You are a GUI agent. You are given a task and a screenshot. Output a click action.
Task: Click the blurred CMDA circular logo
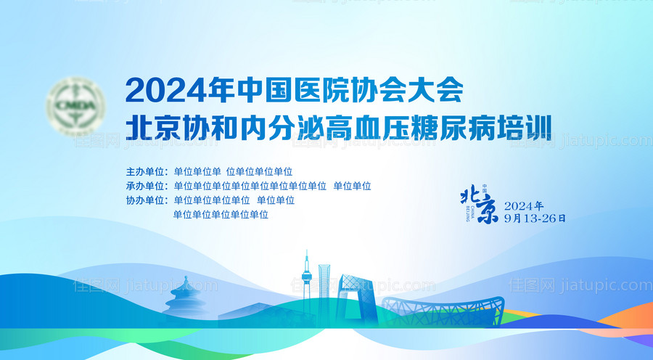[75, 109]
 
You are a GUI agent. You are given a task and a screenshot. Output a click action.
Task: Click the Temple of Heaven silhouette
[178, 297]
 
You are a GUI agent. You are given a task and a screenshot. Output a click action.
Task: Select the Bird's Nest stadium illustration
[443, 308]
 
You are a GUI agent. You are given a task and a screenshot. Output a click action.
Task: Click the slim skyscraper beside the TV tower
[325, 283]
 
